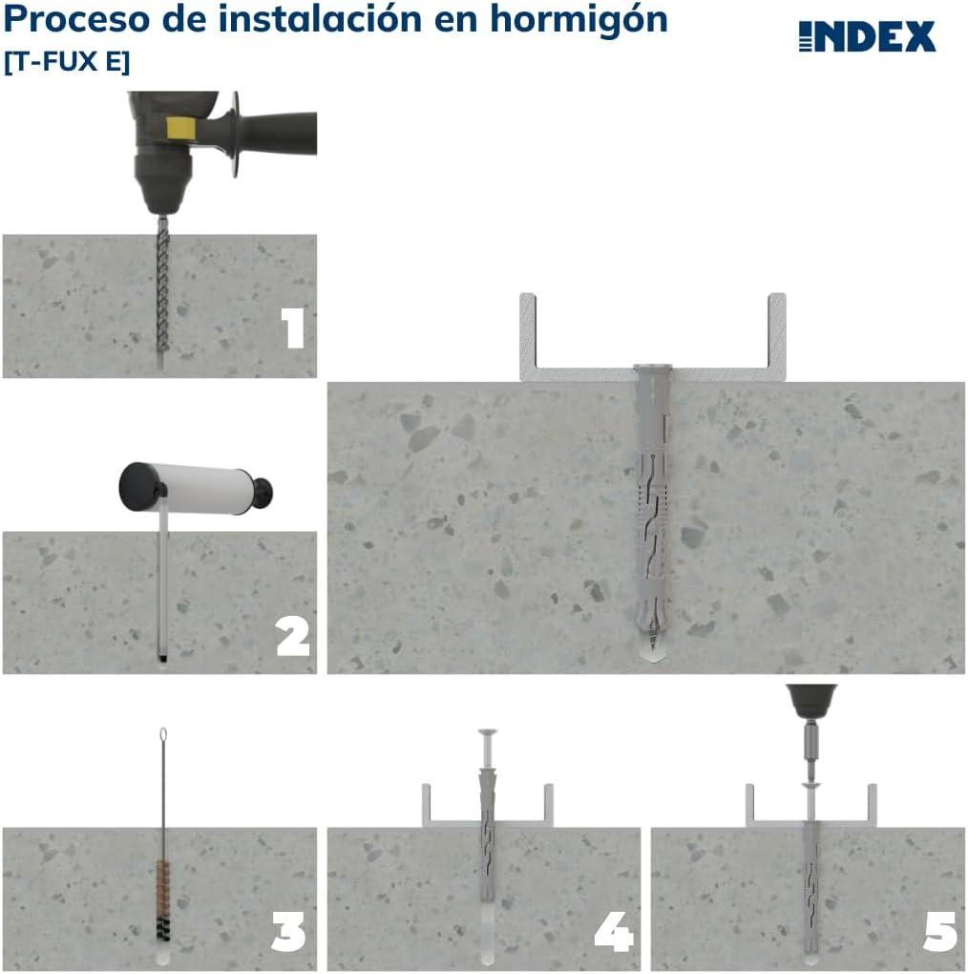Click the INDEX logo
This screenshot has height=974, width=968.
[x=867, y=36]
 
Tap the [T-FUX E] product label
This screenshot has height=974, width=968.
[x=67, y=61]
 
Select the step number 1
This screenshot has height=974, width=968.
[x=294, y=328]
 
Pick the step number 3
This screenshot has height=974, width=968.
[x=288, y=932]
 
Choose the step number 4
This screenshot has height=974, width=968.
[x=613, y=932]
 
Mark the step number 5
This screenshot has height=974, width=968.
[x=939, y=932]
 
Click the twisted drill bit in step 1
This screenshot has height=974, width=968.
[x=160, y=286]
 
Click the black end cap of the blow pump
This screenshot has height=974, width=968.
[x=138, y=485]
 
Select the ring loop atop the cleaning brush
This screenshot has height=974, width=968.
[x=163, y=735]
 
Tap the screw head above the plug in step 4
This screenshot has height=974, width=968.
[x=484, y=734]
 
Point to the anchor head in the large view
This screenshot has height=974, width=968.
[x=652, y=371]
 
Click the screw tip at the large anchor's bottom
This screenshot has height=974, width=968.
[x=651, y=649]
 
